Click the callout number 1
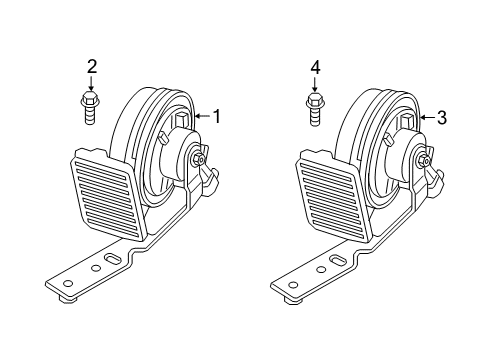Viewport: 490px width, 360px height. pos(216,117)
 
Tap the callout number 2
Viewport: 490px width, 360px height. pos(92,68)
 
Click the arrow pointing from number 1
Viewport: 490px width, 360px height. pos(201,117)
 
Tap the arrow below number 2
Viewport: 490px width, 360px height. pos(92,84)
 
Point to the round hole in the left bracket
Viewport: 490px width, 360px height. pos(96,267)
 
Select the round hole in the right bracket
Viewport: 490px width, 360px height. pos(319,267)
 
